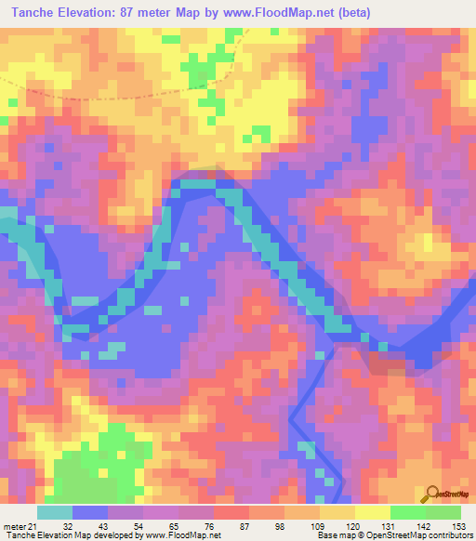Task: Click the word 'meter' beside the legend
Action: coord(14,525)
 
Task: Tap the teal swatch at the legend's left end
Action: coord(55,512)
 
